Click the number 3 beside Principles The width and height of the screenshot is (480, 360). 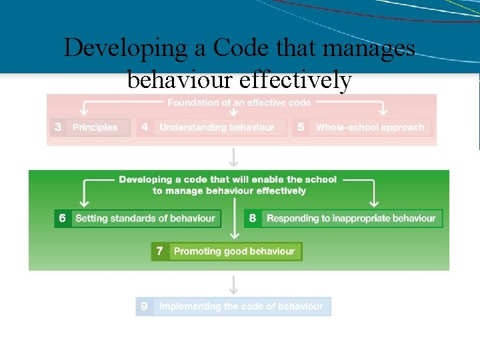(58, 127)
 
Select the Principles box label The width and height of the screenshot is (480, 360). (95, 127)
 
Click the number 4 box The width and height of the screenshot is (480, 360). (145, 127)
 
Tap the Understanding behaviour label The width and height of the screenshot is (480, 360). (217, 127)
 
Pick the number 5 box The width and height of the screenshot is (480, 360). (301, 127)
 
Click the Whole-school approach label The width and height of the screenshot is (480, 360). (370, 127)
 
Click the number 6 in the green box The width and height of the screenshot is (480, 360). (63, 218)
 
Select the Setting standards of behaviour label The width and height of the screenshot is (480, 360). (145, 218)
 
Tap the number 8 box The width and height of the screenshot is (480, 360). (252, 218)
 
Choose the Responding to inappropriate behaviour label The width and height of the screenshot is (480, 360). (351, 218)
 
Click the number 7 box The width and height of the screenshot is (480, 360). (159, 251)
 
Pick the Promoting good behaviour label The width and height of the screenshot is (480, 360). (234, 251)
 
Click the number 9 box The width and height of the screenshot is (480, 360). (144, 307)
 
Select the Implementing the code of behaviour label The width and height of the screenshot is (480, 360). (241, 307)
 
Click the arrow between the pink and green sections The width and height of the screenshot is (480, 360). (233, 158)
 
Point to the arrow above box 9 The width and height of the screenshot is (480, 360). (233, 284)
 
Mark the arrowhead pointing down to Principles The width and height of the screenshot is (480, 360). (84, 113)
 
